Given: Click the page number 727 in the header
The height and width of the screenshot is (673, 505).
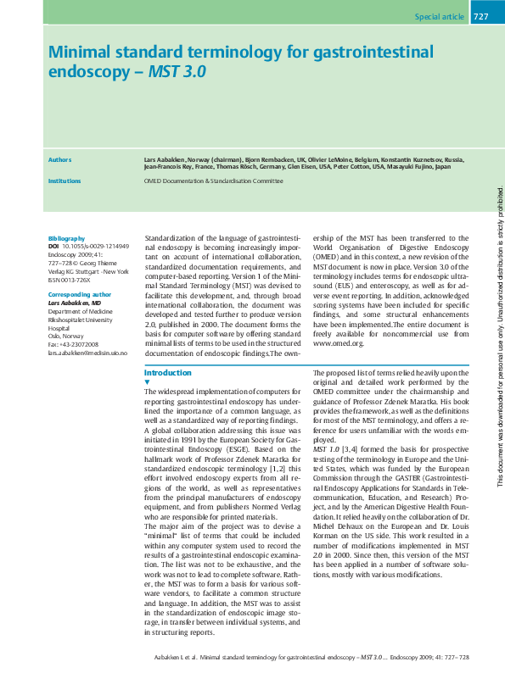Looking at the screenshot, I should pos(480,17).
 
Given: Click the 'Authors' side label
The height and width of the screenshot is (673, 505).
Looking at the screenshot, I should pos(60,159).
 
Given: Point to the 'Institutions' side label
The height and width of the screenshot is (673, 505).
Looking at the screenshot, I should pos(65,181).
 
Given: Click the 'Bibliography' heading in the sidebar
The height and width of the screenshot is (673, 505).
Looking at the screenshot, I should pos(67,238).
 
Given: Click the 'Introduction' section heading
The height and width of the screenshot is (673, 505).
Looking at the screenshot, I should pos(168,373).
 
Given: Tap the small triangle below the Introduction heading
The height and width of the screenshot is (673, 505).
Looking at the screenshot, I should pos(148,382).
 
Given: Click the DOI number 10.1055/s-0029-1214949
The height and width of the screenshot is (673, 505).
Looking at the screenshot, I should pos(96,247).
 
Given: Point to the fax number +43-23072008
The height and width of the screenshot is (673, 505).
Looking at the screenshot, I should pos(81,344).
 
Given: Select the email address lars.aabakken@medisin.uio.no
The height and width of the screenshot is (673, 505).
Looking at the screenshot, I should pos(87,352).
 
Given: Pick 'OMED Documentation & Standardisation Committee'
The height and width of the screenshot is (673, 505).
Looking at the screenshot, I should pos(213,181).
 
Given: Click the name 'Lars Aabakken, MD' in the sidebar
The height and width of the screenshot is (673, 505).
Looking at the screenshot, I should pos(75,303).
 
